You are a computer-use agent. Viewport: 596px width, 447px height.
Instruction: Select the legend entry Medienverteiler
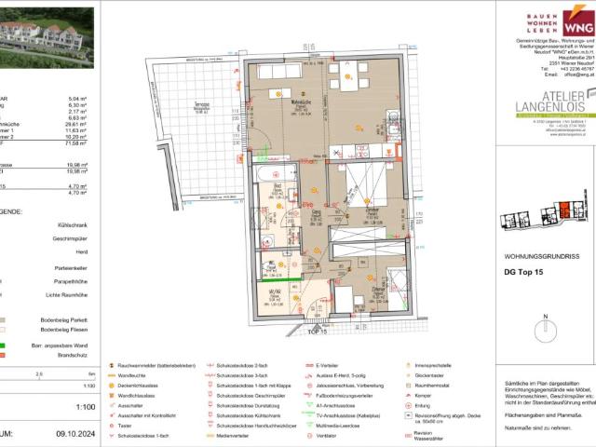239,434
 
